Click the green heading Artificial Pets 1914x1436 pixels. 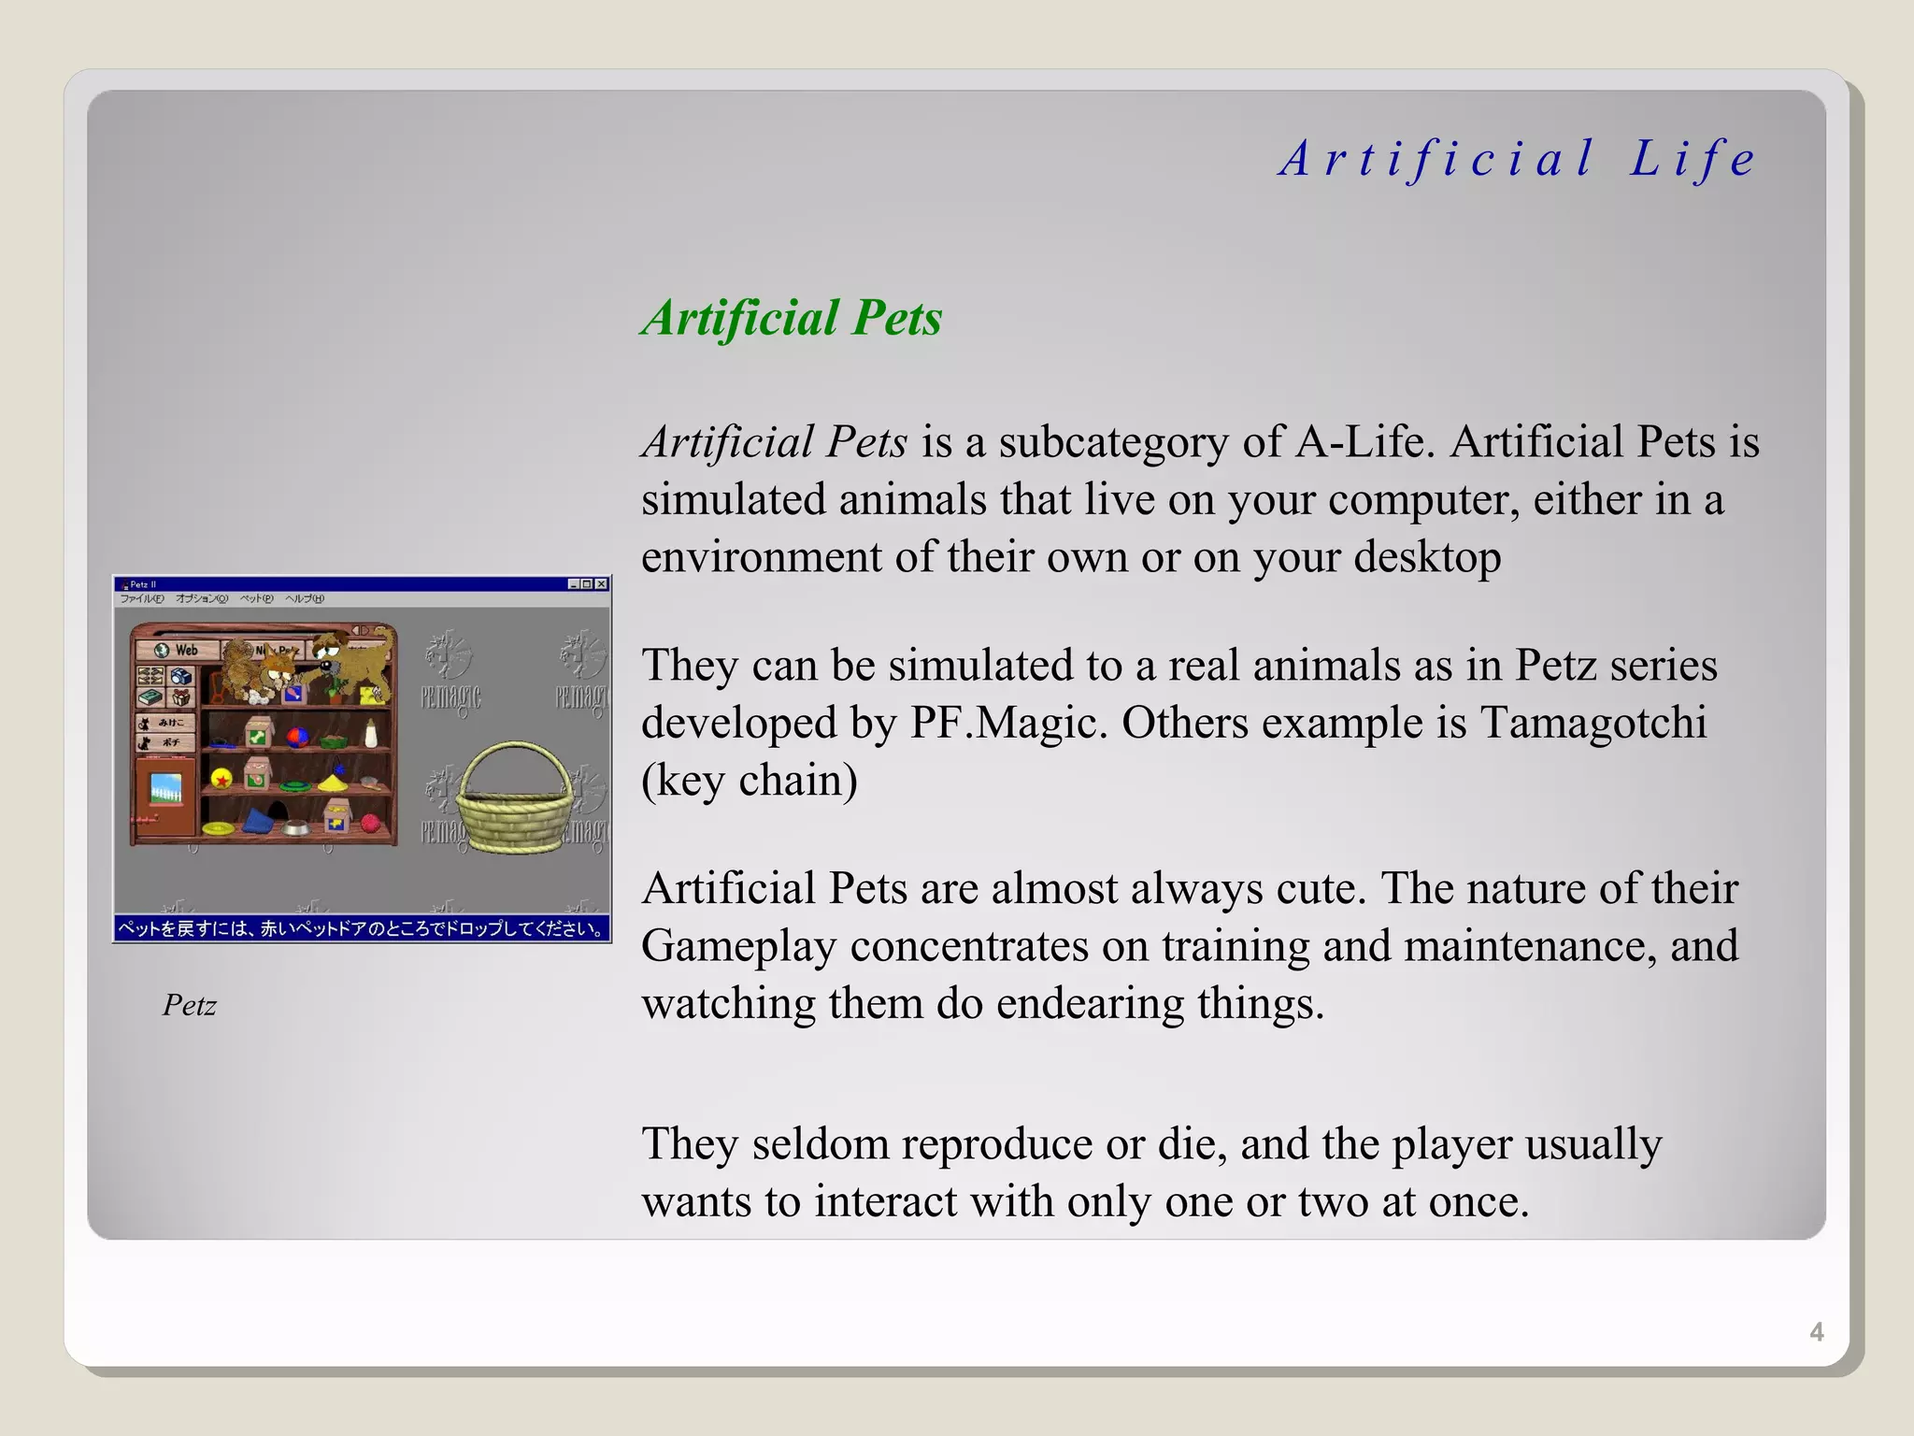coord(792,318)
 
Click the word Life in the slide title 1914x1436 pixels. coord(1693,159)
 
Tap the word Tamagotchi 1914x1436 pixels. coord(1593,723)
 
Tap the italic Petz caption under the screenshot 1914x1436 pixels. coord(189,1005)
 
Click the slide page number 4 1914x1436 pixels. coord(1816,1332)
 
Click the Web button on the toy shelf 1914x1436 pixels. coord(178,650)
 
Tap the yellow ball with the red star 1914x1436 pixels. coord(221,778)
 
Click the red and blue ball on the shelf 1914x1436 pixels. coord(298,737)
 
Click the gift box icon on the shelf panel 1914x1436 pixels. coord(181,697)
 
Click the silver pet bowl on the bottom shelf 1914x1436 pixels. coord(295,827)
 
